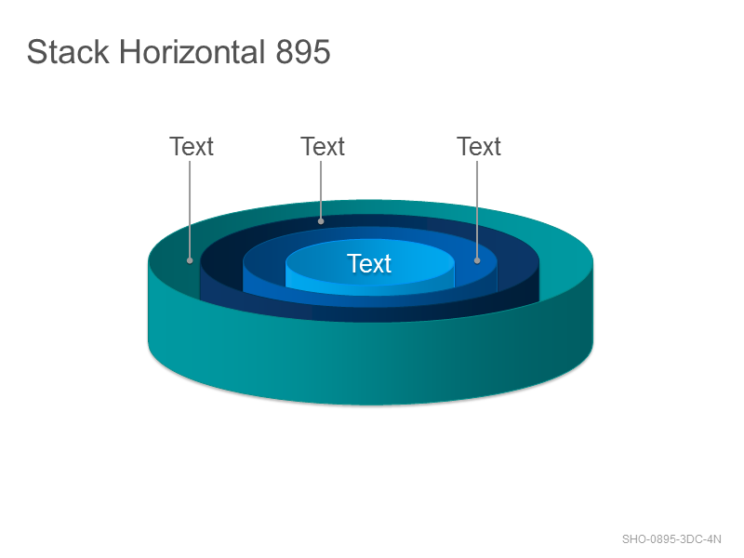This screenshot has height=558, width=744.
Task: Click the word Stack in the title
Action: coord(68,52)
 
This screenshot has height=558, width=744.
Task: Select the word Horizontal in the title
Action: coord(193,52)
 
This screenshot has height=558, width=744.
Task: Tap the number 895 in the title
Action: coord(303,52)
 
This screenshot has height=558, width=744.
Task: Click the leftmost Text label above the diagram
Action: coord(192,146)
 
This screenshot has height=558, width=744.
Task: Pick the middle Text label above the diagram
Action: coord(323,146)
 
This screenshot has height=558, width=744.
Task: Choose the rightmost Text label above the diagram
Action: coord(479,146)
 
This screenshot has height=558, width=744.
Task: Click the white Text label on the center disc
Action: coord(369,263)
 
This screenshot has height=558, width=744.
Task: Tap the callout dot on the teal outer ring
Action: coord(190,260)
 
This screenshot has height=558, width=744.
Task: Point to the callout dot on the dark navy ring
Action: coord(321,221)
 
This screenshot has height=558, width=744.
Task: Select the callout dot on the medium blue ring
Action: coord(477,260)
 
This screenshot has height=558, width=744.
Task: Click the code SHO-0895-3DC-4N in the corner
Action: coord(671,539)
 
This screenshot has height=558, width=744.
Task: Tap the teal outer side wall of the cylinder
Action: coord(370,361)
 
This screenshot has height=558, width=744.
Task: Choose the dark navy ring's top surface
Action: coord(370,220)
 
